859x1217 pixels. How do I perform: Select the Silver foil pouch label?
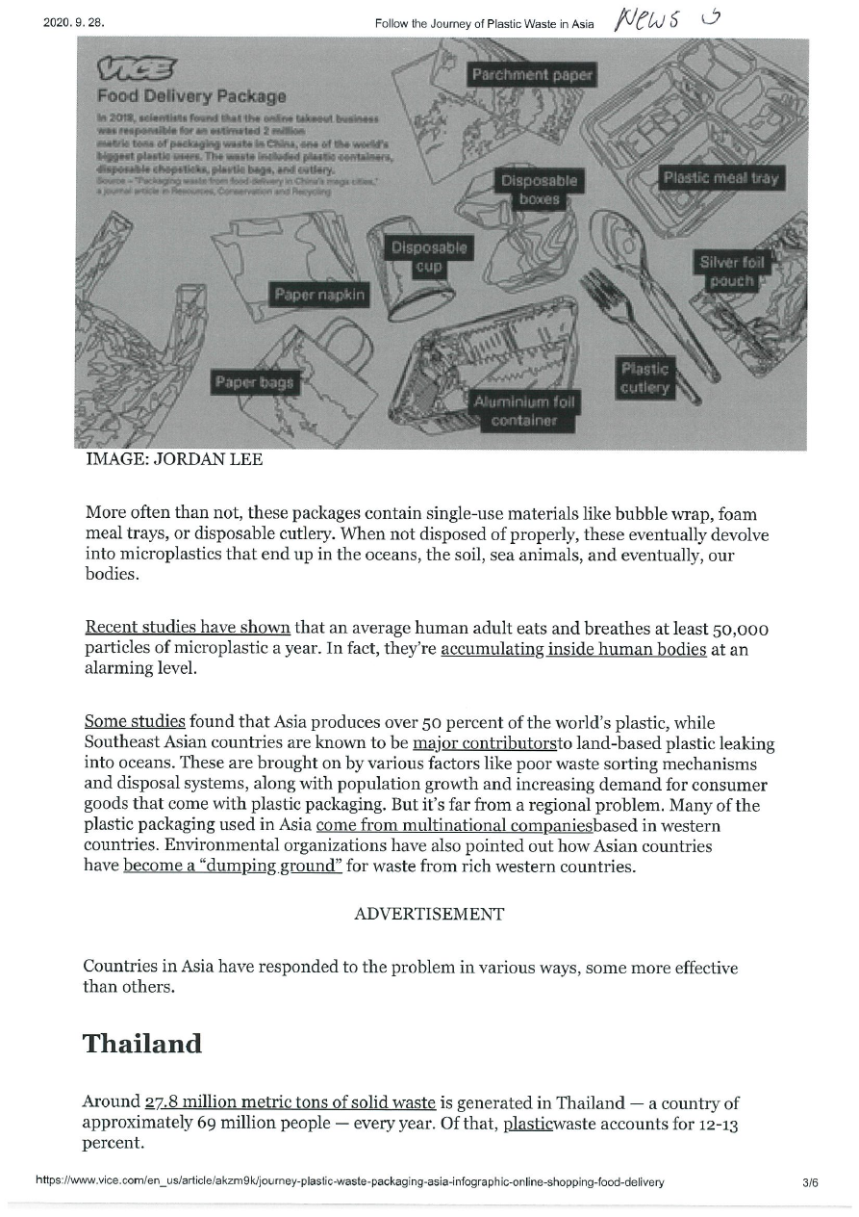coord(732,271)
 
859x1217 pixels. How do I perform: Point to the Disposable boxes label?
coord(540,190)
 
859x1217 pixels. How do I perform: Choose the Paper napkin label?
coord(320,294)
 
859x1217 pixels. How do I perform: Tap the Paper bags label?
coord(254,382)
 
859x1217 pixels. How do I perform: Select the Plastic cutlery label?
coord(644,377)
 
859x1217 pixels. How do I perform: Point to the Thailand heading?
coord(142,1044)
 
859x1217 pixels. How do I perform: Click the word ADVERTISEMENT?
coord(429,914)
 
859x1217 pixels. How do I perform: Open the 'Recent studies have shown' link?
coord(188,629)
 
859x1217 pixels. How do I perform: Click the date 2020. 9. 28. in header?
coord(72,22)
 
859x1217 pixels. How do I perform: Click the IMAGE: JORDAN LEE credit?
coord(174,460)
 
